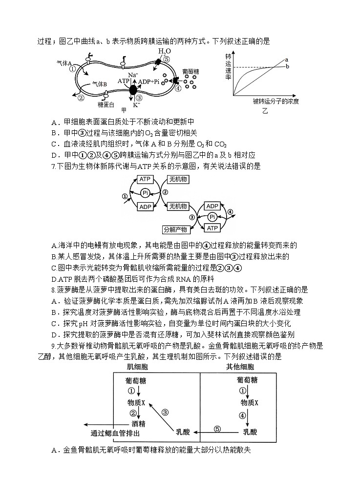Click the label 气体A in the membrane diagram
tap(64, 63)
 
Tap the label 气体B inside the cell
tap(100, 84)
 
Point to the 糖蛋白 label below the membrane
tap(106, 104)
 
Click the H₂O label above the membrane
tap(164, 52)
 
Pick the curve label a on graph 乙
tap(287, 60)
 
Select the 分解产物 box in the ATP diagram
tap(176, 228)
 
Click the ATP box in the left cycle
tap(145, 180)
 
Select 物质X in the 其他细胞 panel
tap(250, 403)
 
